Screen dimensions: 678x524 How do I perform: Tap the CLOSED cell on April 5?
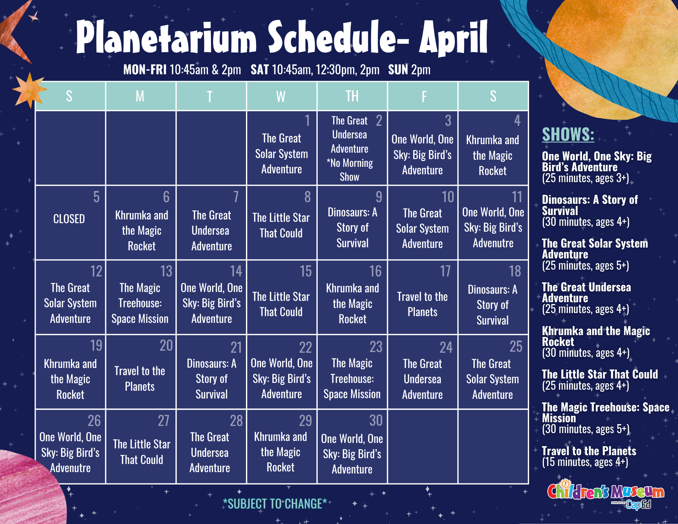pyautogui.click(x=69, y=219)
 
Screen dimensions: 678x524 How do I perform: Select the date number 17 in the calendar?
pyautogui.click(x=445, y=271)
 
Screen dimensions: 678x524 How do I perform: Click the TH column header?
pyautogui.click(x=352, y=96)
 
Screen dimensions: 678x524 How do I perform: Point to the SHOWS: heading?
pyautogui.click(x=568, y=134)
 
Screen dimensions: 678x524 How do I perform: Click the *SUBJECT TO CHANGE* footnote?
pyautogui.click(x=275, y=504)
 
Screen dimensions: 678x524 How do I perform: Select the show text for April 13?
pyautogui.click(x=140, y=303)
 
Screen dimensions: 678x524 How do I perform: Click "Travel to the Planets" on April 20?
pyautogui.click(x=140, y=379)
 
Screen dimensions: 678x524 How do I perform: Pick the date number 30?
pyautogui.click(x=376, y=421)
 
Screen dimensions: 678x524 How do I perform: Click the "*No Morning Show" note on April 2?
pyautogui.click(x=350, y=170)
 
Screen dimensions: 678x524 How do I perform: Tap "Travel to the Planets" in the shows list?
pyautogui.click(x=589, y=451)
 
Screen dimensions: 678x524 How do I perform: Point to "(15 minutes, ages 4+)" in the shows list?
pyautogui.click(x=585, y=462)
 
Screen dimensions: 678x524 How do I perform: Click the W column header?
pyautogui.click(x=280, y=96)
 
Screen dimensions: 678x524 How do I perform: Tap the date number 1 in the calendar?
pyautogui.click(x=307, y=120)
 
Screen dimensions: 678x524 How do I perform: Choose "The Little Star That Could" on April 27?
pyautogui.click(x=142, y=452)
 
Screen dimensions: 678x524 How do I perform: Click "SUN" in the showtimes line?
pyautogui.click(x=398, y=70)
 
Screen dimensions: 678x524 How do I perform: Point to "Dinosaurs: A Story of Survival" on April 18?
pyautogui.click(x=492, y=305)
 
